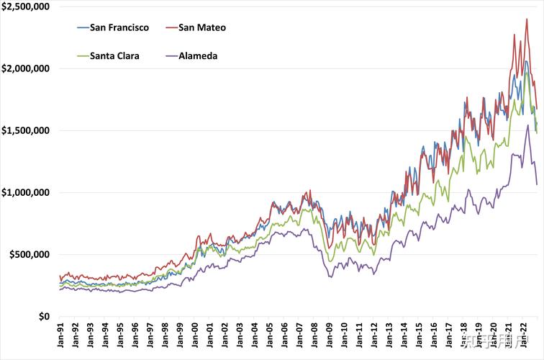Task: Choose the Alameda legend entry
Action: tap(197, 55)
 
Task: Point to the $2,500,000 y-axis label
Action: tap(24, 6)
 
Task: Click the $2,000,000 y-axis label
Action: tap(24, 68)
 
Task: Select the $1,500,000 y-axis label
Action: tap(24, 130)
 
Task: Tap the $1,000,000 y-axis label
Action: tap(24, 192)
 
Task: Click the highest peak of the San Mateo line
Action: tap(527, 19)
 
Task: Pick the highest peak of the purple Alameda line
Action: tap(527, 125)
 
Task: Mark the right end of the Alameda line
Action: tap(536, 184)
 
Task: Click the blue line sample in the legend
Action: tap(83, 27)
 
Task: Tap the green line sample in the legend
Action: tap(83, 55)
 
